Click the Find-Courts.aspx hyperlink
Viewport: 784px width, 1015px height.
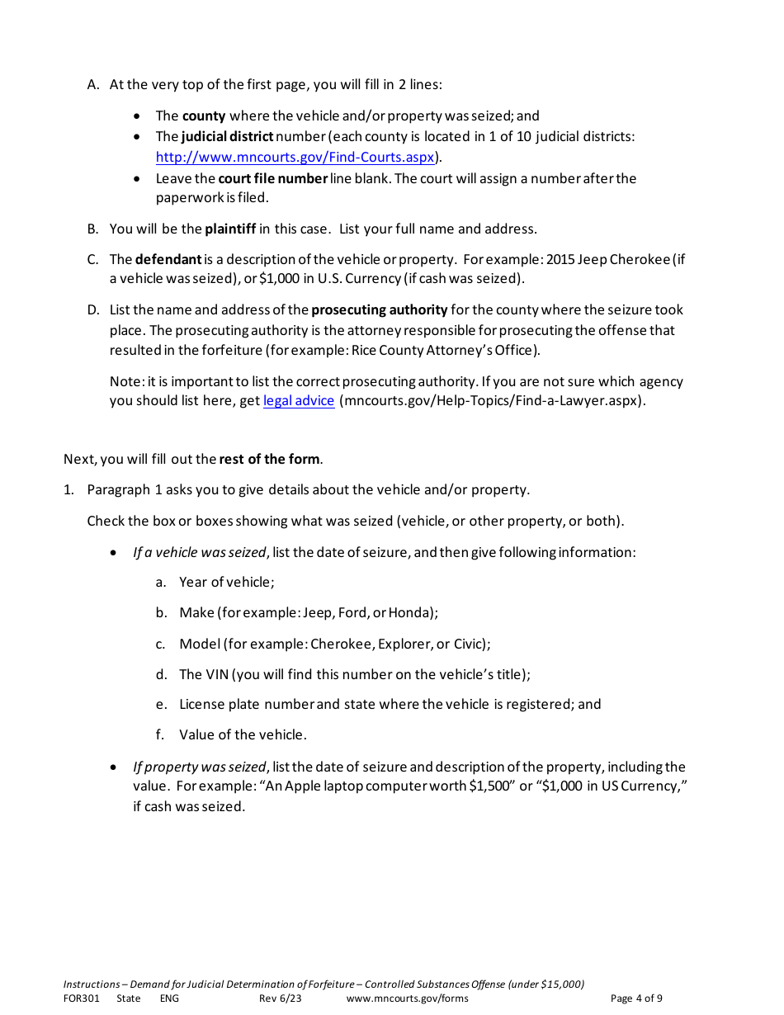click(x=295, y=157)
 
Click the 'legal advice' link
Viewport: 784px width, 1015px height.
click(x=299, y=401)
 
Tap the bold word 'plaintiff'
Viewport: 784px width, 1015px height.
click(x=230, y=229)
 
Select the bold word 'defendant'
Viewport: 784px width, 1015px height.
click(x=168, y=259)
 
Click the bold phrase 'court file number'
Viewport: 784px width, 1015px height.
click(x=273, y=178)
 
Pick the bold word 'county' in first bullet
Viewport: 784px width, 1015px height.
click(x=204, y=116)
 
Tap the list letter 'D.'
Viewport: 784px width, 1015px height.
click(x=93, y=310)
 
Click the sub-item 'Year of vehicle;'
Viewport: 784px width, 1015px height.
click(x=227, y=583)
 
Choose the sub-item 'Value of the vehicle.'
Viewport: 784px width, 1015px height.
click(x=243, y=734)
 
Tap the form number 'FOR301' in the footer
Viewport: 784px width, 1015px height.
click(x=81, y=998)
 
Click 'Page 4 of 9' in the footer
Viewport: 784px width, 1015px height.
click(x=636, y=998)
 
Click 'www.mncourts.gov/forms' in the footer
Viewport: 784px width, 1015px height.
click(x=407, y=998)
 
